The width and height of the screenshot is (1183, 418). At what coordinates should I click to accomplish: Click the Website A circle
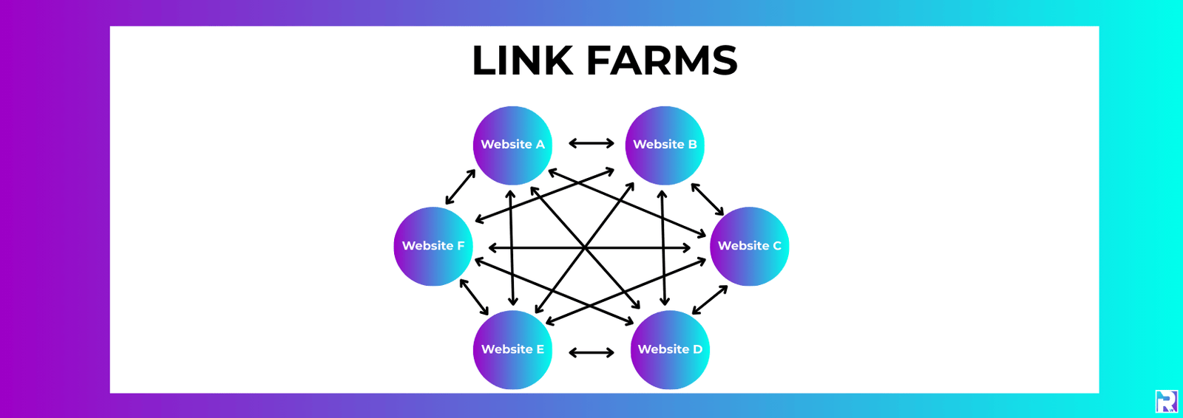click(x=512, y=145)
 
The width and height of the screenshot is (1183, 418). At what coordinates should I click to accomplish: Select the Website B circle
click(x=665, y=145)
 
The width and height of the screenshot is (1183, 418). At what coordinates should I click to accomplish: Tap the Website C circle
click(x=749, y=246)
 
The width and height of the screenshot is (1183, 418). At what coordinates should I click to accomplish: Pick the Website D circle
click(x=670, y=349)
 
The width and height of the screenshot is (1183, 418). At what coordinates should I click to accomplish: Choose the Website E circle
click(x=512, y=349)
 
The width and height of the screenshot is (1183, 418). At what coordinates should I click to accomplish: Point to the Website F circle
click(x=433, y=246)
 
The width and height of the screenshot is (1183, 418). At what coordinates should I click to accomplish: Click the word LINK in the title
click(x=522, y=61)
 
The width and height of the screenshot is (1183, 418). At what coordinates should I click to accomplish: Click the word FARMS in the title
click(x=662, y=61)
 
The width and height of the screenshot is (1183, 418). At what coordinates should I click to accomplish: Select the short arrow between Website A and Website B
click(x=591, y=143)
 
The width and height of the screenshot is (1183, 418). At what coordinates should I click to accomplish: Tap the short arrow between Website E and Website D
click(x=591, y=353)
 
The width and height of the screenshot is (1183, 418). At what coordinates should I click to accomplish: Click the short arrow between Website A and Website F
click(x=461, y=187)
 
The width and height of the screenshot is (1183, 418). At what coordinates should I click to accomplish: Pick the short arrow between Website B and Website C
click(x=708, y=199)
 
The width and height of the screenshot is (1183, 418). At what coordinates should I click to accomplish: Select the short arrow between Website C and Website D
click(x=710, y=300)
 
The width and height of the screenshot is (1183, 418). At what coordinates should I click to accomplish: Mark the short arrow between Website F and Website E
click(x=474, y=297)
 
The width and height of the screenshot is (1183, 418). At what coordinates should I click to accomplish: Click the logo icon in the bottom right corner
click(x=1166, y=402)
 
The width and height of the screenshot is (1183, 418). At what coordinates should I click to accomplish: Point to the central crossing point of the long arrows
click(x=585, y=247)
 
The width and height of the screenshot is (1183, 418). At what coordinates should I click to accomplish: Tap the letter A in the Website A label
click(x=540, y=145)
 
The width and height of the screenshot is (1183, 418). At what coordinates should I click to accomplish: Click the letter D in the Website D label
click(x=697, y=349)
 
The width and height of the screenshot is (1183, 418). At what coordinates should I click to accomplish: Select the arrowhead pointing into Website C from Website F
click(x=686, y=248)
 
